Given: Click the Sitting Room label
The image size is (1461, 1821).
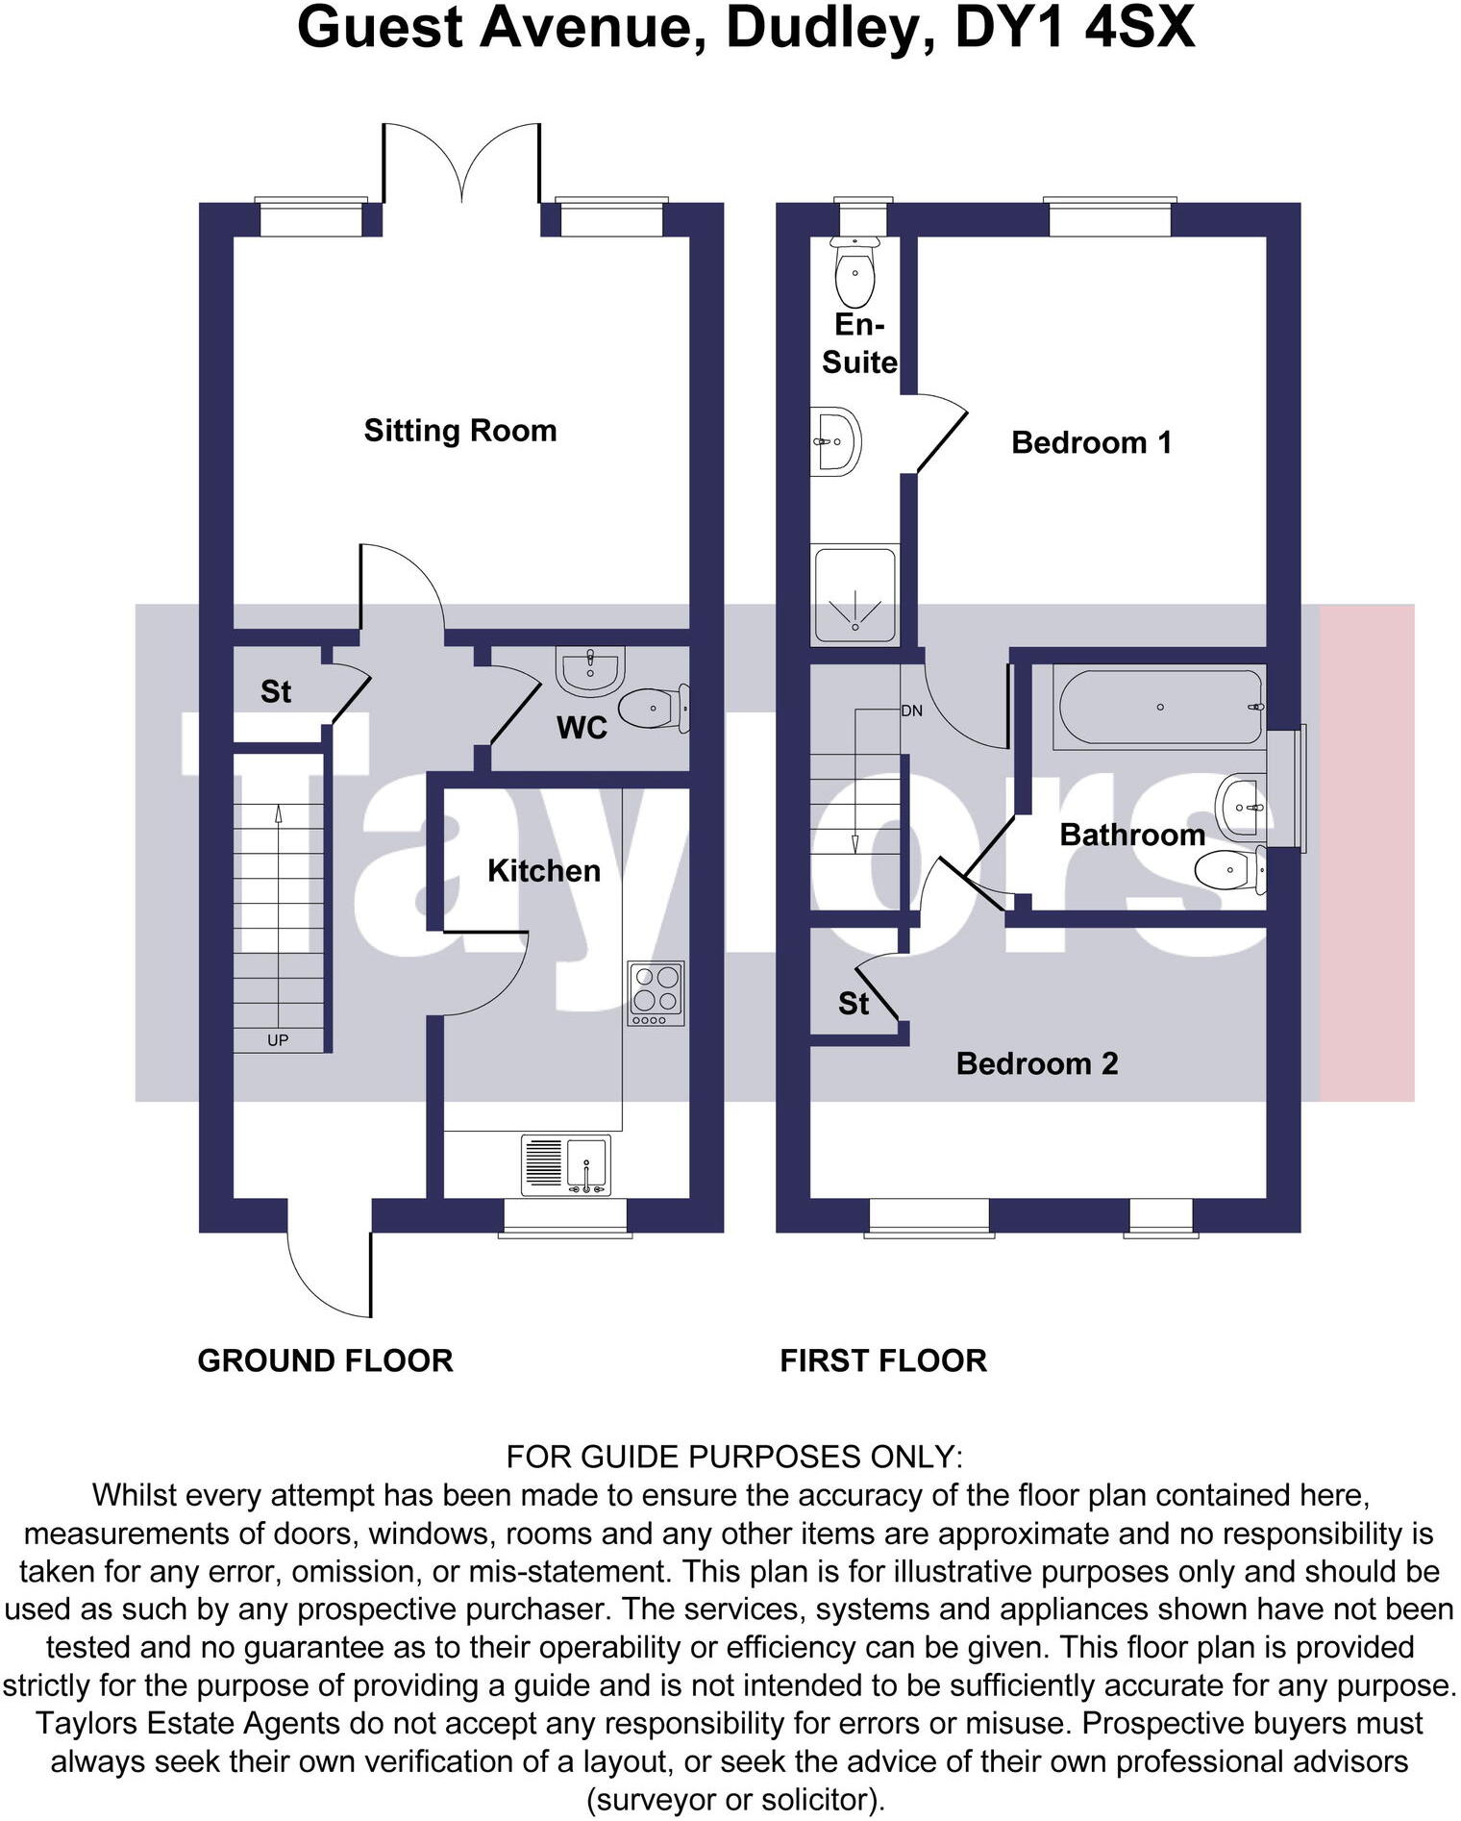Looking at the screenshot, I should pyautogui.click(x=459, y=430).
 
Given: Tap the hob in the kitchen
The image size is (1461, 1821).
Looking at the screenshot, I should pyautogui.click(x=656, y=992).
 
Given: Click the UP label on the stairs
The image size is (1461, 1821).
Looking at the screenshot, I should pyautogui.click(x=278, y=1040).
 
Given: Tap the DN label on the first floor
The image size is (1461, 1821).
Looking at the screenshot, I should pyautogui.click(x=911, y=711).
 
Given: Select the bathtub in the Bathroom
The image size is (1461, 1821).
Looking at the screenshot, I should pyautogui.click(x=1159, y=708).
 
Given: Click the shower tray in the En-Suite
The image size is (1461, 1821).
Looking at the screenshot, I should pyautogui.click(x=854, y=594).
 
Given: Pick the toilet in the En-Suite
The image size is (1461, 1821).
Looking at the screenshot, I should pyautogui.click(x=854, y=272).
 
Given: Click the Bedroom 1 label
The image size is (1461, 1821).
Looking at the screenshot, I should pyautogui.click(x=1091, y=442).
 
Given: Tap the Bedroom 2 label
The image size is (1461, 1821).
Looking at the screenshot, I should pyautogui.click(x=1037, y=1063).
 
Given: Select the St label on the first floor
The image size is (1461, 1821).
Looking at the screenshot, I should pyautogui.click(x=853, y=1004).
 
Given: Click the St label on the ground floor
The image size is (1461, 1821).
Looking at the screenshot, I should pyautogui.click(x=276, y=691).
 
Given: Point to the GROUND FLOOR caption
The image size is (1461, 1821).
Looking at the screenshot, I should pyautogui.click(x=325, y=1360).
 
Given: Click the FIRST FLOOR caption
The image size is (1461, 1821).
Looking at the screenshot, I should pyautogui.click(x=882, y=1360).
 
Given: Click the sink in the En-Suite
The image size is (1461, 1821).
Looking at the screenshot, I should pyautogui.click(x=834, y=441).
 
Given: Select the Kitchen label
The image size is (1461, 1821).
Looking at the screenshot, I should pyautogui.click(x=543, y=871).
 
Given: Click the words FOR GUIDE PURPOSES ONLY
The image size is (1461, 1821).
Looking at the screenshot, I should pyautogui.click(x=733, y=1457).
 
